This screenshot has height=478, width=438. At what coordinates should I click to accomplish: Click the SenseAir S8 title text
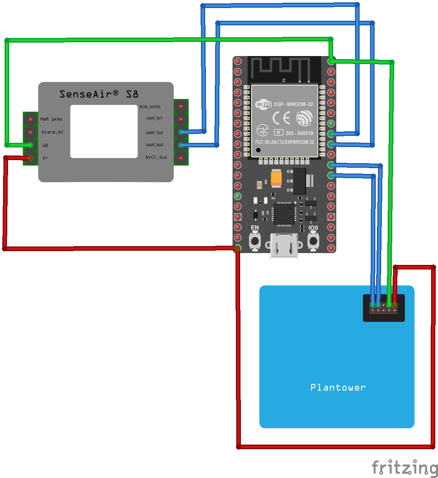(99, 94)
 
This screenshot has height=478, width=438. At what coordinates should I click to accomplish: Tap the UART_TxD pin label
(154, 133)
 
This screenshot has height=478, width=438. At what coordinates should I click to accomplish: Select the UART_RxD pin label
(154, 145)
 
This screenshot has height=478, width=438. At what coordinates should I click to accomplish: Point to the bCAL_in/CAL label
(150, 107)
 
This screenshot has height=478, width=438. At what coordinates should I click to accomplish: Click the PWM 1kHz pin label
(51, 119)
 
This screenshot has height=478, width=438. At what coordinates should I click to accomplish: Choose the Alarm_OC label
(53, 132)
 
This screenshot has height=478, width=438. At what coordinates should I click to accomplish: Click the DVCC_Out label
(156, 157)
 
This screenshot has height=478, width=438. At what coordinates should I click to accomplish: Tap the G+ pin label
(45, 158)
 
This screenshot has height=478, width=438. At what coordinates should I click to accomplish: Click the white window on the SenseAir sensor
(104, 131)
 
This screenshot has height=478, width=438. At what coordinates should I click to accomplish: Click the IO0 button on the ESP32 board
(313, 241)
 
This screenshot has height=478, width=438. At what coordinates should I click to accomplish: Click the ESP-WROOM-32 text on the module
(293, 104)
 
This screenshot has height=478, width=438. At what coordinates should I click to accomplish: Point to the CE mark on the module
(281, 118)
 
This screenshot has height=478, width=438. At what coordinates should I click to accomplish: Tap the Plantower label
(338, 387)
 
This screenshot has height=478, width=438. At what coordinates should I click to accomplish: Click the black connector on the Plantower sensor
(384, 308)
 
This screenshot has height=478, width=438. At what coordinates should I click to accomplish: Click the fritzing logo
(405, 468)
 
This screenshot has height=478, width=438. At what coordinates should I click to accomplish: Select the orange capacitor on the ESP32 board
(276, 179)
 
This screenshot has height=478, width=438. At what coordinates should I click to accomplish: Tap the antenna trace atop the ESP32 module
(285, 65)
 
